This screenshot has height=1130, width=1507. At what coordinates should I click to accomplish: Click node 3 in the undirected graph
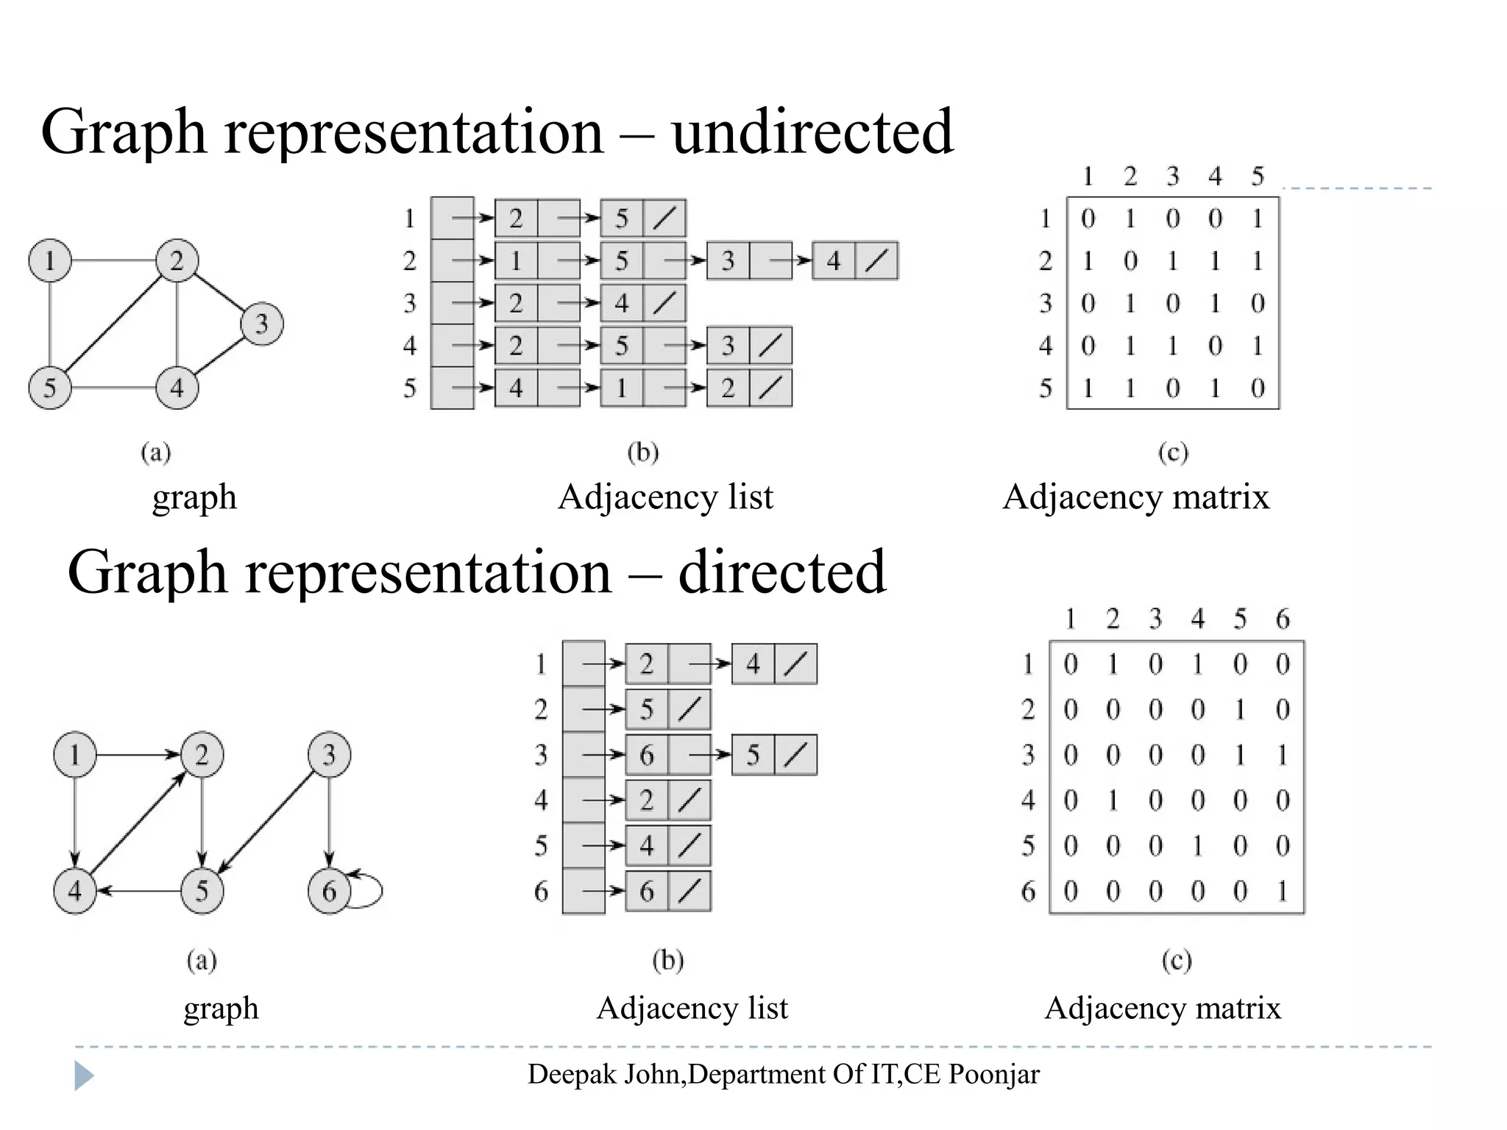(x=261, y=324)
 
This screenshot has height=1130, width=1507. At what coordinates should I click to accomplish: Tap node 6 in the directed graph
(x=328, y=892)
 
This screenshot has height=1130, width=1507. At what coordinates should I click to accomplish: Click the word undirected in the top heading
(x=812, y=132)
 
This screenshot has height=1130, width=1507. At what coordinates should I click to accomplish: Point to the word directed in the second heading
(x=781, y=572)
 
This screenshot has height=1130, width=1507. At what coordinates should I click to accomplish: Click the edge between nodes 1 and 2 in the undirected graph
(x=114, y=260)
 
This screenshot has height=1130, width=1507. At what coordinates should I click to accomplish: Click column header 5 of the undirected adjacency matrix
(x=1258, y=177)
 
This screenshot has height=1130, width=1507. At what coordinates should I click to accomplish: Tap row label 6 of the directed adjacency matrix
(x=1028, y=892)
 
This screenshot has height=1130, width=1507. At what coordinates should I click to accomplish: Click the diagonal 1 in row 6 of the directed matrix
(x=1283, y=892)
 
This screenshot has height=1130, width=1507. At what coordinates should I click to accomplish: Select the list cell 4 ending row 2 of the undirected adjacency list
(x=834, y=260)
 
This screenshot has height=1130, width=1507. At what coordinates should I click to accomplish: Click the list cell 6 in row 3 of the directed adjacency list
(x=647, y=755)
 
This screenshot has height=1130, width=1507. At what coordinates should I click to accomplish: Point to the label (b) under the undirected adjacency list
(x=642, y=452)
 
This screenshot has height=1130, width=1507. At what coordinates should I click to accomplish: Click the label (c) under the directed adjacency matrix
(x=1176, y=960)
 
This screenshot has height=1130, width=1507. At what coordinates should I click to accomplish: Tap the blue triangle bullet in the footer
(x=84, y=1076)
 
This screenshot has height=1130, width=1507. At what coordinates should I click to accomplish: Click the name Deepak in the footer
(x=572, y=1075)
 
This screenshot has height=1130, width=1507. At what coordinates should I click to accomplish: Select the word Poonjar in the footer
(x=993, y=1075)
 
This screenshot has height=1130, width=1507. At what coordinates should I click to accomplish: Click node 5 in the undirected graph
(x=50, y=388)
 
